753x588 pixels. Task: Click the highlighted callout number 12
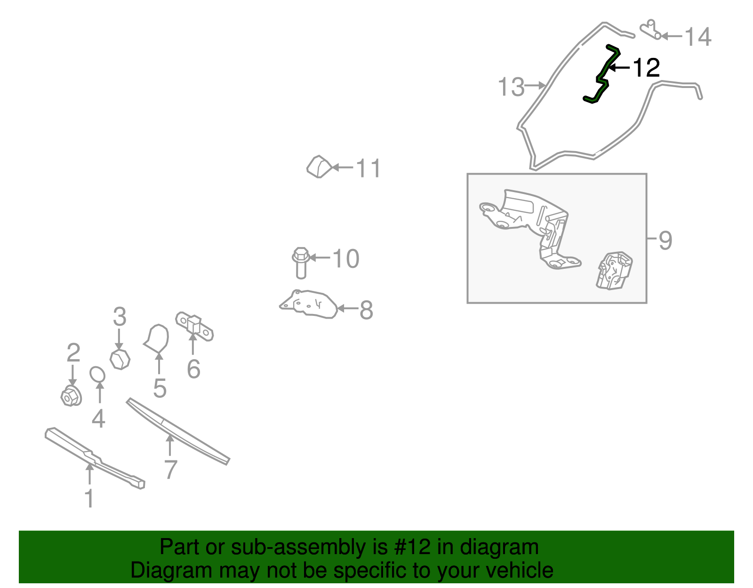tap(646, 68)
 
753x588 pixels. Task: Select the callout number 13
tap(511, 87)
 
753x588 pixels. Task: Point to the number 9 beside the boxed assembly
tap(665, 241)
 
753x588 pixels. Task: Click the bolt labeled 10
tap(301, 263)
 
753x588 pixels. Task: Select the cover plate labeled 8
tap(308, 304)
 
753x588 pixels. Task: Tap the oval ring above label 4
tap(97, 374)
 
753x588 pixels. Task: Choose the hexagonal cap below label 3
tap(120, 360)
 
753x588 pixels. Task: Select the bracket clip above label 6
tap(194, 326)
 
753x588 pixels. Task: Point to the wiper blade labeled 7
tap(178, 431)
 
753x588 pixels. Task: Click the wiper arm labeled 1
tap(95, 458)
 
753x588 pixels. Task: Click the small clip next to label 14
tap(650, 30)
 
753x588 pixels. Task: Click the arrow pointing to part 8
tap(348, 308)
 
